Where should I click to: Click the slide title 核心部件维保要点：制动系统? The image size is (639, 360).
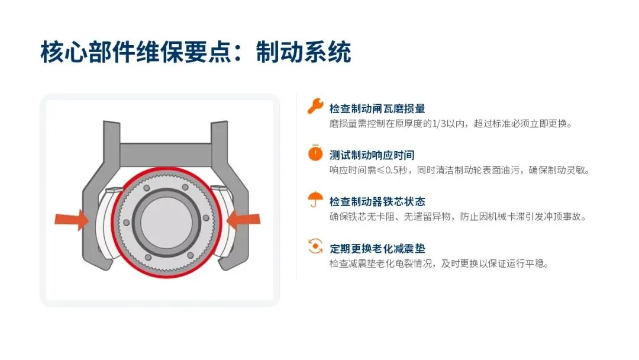(x=196, y=52)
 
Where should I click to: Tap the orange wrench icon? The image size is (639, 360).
(x=315, y=106)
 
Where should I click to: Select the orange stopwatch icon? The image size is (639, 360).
(x=315, y=153)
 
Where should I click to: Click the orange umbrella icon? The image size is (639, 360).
(x=315, y=200)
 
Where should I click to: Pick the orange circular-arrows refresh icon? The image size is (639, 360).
(x=315, y=246)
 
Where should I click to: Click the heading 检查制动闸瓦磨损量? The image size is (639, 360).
(x=377, y=108)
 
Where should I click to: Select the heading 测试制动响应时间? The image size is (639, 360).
(x=372, y=155)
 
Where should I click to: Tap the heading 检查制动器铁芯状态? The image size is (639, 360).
(x=377, y=201)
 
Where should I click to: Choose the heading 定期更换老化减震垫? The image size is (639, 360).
(x=377, y=248)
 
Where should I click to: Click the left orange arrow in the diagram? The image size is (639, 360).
(x=72, y=220)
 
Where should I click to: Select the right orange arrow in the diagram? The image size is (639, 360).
(x=243, y=220)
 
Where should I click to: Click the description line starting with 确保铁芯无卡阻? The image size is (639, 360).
(x=457, y=217)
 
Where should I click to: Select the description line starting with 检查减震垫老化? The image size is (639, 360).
(x=439, y=263)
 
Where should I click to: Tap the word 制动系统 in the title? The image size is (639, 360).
(x=304, y=52)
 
